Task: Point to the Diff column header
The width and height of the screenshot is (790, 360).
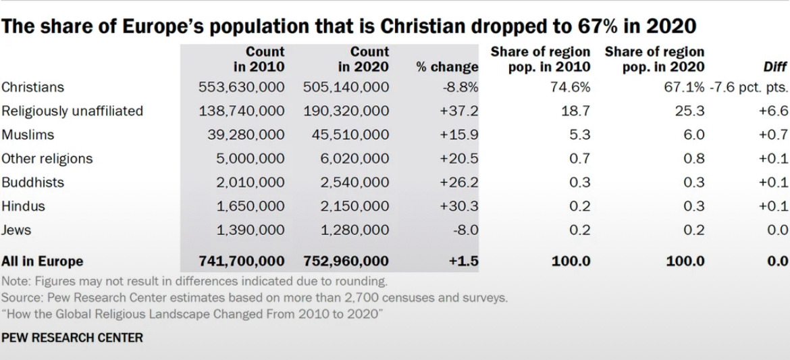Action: click(774, 67)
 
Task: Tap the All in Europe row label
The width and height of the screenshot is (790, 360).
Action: click(42, 261)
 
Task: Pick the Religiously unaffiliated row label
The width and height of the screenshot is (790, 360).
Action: click(72, 111)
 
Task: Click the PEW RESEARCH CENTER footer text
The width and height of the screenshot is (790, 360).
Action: click(72, 337)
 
